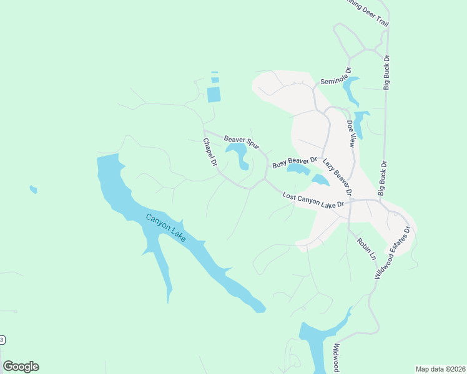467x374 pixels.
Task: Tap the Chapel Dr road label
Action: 209,152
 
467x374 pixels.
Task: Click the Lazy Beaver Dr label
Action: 337,176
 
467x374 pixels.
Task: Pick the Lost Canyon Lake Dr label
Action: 313,200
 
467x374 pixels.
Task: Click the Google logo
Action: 21,367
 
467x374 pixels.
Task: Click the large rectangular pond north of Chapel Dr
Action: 214,95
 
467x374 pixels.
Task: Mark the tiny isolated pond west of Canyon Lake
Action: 33,189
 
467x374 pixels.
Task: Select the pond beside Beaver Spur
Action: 238,153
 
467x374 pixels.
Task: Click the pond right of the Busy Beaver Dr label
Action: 297,169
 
